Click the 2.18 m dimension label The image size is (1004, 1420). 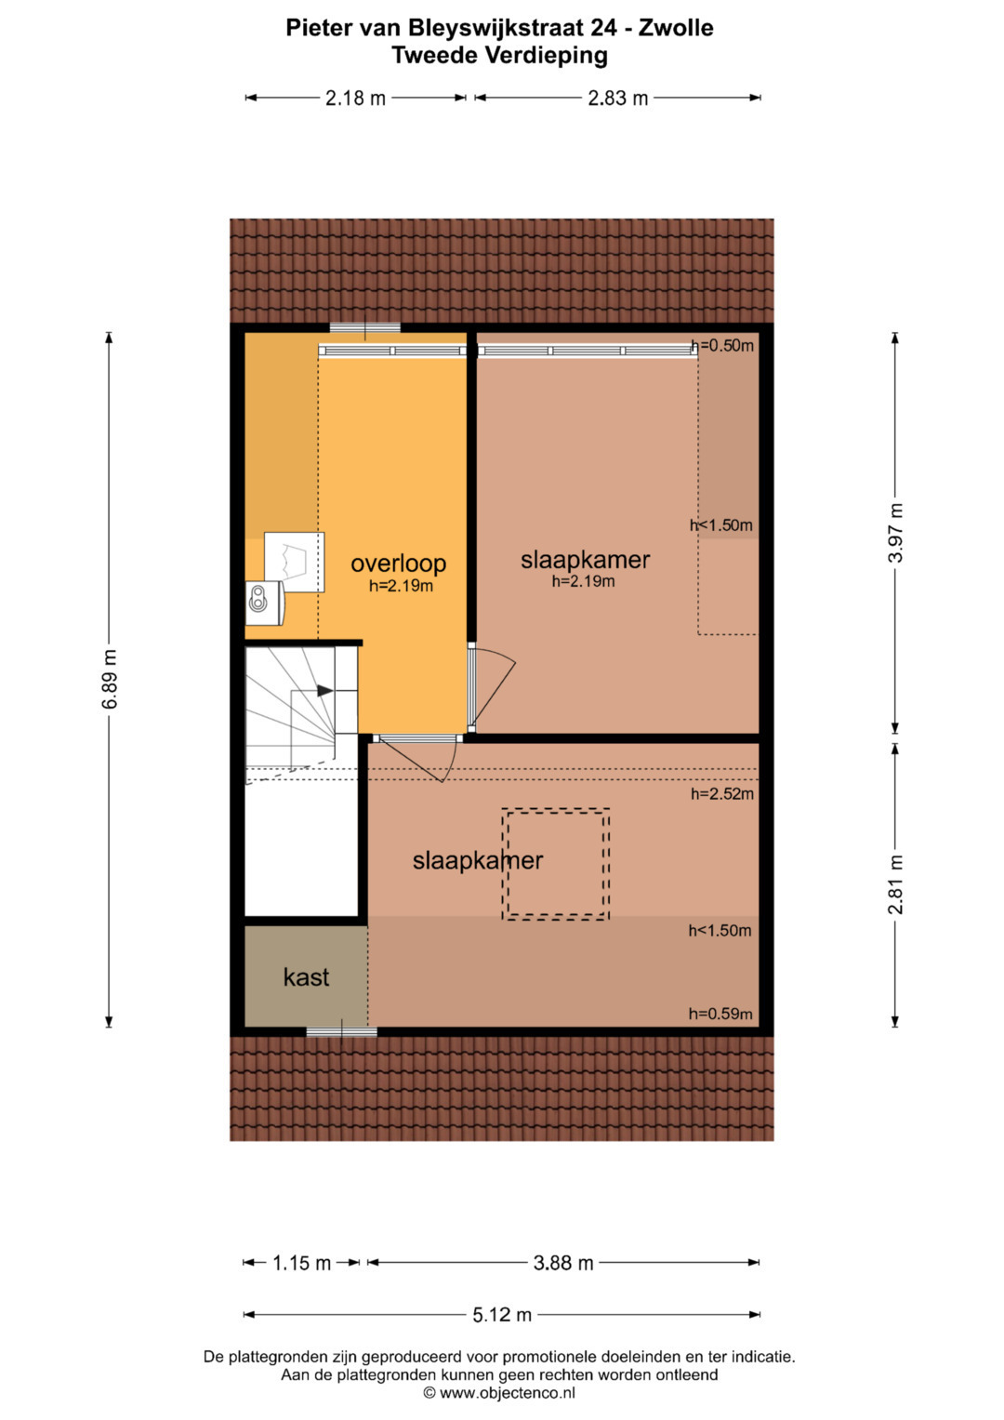tap(355, 99)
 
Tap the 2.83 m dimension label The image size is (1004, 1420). tap(617, 99)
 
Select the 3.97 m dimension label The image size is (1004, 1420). tap(895, 533)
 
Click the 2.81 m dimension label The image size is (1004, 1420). tap(895, 883)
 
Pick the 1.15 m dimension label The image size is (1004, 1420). tap(302, 1263)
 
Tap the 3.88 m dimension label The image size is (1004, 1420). tap(562, 1263)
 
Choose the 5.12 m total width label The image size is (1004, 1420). tap(501, 1315)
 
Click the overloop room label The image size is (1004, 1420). tap(398, 563)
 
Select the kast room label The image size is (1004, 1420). tap(306, 977)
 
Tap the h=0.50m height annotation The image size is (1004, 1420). tap(722, 346)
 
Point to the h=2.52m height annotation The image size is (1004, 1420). tap(722, 793)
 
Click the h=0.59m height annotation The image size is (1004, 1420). tap(720, 1014)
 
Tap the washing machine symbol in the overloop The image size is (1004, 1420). tap(265, 603)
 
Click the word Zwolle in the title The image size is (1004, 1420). tap(676, 28)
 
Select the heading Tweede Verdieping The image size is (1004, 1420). tap(499, 56)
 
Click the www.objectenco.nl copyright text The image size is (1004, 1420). tap(499, 1393)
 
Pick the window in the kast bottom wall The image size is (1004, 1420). tap(342, 1032)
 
